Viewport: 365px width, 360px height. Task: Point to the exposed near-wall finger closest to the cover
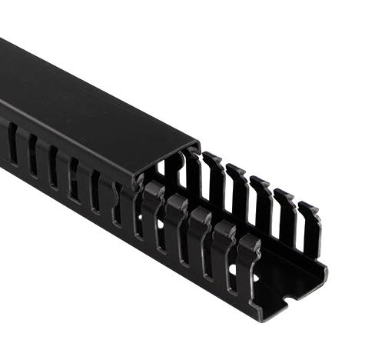pos(151,212)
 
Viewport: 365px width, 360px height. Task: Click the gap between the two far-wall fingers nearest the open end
pos(298,231)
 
